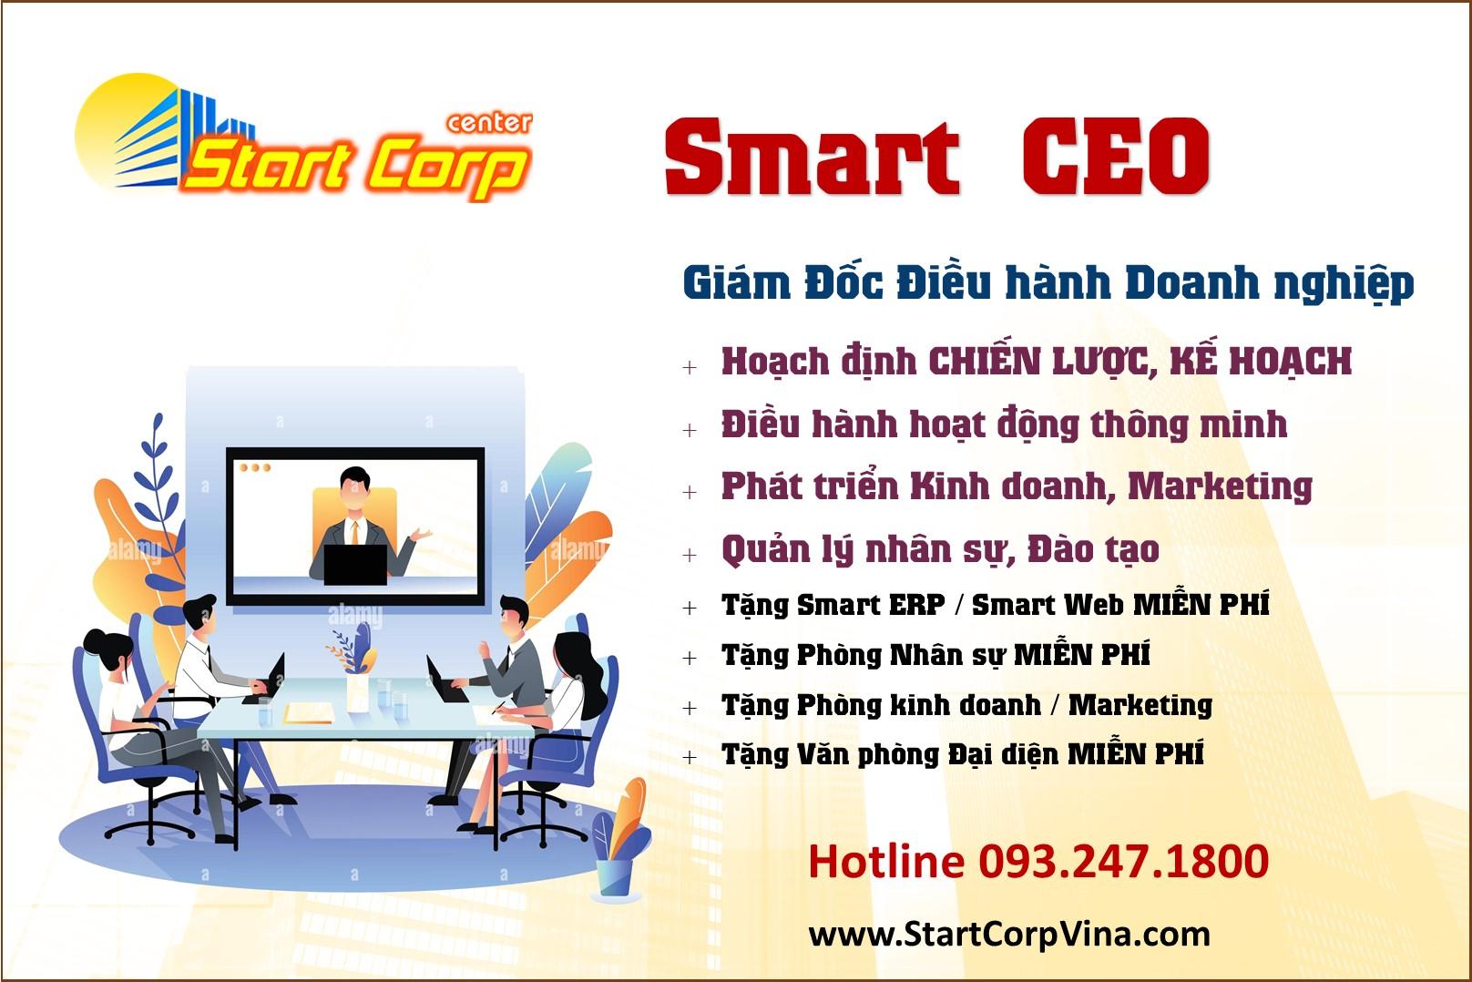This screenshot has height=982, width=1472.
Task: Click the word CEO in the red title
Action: pos(1116,157)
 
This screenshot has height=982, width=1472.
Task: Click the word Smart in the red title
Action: pos(813,158)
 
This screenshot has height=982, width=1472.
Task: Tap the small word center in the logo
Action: pos(489,123)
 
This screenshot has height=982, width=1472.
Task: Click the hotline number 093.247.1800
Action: pos(1124,861)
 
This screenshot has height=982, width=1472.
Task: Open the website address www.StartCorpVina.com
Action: pos(1009,935)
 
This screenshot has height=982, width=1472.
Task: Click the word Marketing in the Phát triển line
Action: pos(1221,487)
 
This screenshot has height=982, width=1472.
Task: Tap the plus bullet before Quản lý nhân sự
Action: pos(690,555)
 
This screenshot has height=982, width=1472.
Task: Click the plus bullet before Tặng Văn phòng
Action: pos(690,757)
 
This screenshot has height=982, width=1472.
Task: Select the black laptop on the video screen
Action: pos(355,564)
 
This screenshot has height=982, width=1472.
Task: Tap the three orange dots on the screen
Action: pos(255,467)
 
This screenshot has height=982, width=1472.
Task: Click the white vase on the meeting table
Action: pos(357,693)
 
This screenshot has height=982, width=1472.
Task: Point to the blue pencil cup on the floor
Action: pos(615,876)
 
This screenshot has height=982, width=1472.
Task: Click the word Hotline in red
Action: pos(886,861)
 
